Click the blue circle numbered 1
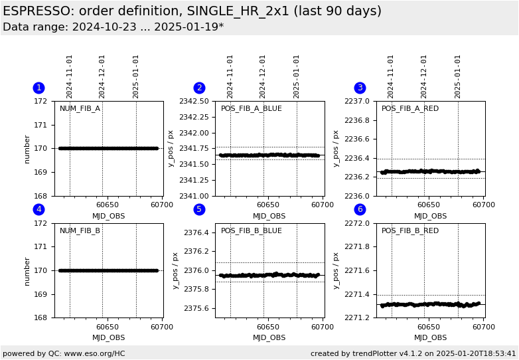[38, 88]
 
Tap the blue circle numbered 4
[38, 209]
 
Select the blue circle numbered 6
[360, 209]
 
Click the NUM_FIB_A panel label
[80, 109]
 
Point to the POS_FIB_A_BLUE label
[251, 109]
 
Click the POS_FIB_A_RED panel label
[409, 109]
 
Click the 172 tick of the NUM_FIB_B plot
[42, 223]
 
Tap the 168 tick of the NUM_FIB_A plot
[42, 196]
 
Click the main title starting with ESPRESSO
[192, 11]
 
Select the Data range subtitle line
[113, 27]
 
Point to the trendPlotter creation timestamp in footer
[413, 353]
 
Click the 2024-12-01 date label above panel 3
[424, 76]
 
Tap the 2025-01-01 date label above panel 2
[297, 76]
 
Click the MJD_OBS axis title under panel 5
[269, 337]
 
